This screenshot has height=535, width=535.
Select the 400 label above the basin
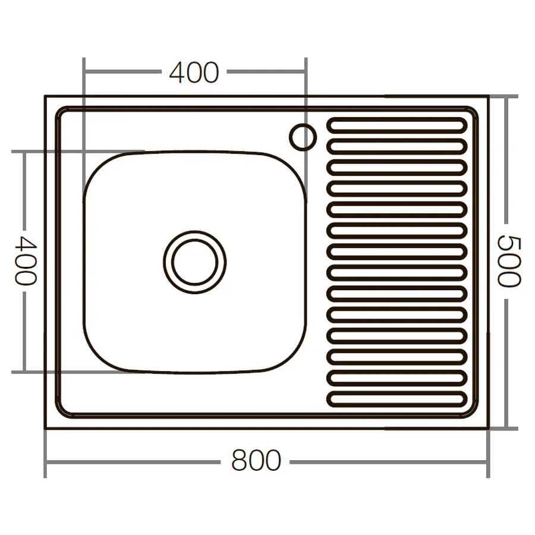pos(194,73)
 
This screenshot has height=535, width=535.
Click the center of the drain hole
pos(194,262)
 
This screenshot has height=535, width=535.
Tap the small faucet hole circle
pos(303,137)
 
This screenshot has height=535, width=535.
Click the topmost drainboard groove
pos(397,125)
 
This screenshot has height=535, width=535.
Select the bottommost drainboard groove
pos(397,399)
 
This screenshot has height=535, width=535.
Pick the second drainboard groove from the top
pos(397,146)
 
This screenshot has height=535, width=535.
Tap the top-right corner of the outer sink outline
pos(487,96)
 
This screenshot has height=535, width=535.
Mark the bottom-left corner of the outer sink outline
pos(46,428)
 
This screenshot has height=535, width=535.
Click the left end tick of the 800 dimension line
pos(46,461)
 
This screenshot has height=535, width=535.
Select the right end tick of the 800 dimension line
pos(488,461)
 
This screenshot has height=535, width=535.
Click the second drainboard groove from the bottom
pos(397,378)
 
